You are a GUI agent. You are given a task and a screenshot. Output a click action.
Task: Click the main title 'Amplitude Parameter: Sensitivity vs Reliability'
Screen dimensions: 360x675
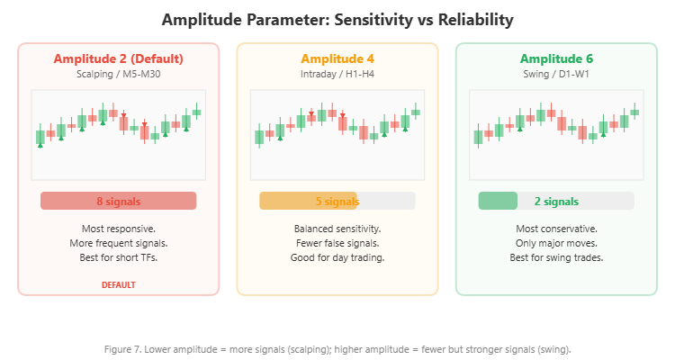337,19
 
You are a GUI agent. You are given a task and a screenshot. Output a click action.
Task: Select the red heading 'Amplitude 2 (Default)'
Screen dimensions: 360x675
118,58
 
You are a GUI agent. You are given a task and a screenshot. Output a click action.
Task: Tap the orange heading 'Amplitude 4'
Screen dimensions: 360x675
337,58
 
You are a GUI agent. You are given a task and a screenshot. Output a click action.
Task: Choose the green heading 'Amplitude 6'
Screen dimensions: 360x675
556,58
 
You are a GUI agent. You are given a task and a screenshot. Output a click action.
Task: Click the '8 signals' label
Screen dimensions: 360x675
118,201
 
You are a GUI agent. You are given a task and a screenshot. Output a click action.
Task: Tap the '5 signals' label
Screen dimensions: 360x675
337,201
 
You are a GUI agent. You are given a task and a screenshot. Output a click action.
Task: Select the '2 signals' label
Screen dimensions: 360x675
556,201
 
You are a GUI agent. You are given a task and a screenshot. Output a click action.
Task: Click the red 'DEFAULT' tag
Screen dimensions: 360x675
118,284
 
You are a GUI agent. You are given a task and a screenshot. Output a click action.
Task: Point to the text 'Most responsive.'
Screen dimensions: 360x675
118,229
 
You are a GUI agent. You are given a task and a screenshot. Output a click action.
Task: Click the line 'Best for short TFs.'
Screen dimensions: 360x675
118,257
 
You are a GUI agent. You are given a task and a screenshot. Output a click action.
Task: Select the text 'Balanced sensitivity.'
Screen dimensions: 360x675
337,229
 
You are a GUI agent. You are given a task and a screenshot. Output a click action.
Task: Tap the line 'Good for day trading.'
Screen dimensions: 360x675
337,257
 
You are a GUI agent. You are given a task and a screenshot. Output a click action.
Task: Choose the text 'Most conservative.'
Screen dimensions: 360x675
556,229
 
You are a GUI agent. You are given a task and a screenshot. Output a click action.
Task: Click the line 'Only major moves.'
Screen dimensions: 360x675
556,243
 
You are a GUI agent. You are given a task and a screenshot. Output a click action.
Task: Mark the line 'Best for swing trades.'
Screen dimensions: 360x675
556,257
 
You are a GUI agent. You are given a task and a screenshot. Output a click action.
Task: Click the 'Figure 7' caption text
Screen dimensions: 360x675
337,348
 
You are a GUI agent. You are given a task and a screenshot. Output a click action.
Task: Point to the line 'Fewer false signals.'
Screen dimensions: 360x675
337,243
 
